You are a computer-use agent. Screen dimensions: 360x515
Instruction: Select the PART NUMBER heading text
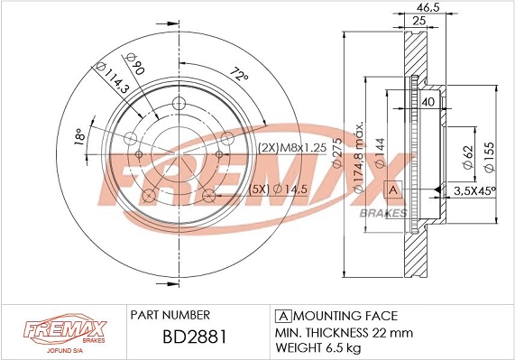170,315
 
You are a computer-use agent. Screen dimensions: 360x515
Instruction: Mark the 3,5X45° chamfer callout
474,190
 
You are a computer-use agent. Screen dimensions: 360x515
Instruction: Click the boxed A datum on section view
393,189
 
